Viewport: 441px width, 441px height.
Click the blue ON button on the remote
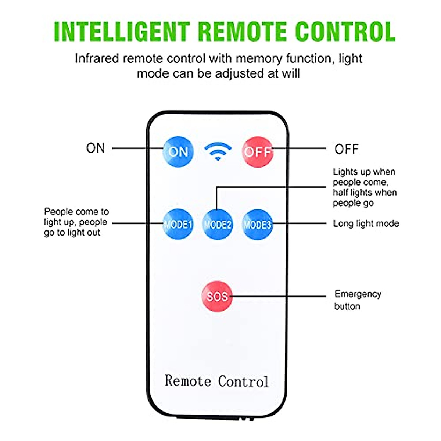(x=178, y=151)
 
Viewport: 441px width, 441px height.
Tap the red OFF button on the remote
(x=258, y=151)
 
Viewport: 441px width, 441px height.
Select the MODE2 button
(x=218, y=224)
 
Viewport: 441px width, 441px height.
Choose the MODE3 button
(x=257, y=224)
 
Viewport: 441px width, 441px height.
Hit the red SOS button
(x=217, y=296)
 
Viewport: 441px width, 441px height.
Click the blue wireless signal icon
(x=218, y=151)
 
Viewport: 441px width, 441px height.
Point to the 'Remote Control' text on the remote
(x=216, y=381)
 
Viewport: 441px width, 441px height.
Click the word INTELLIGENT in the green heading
(x=122, y=32)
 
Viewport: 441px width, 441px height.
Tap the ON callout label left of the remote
(x=96, y=148)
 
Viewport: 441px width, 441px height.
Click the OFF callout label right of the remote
(x=346, y=149)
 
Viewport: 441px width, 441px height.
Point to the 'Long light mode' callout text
(x=366, y=223)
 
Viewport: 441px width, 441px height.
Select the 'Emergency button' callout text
(x=358, y=300)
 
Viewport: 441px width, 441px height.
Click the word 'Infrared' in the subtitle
(x=97, y=59)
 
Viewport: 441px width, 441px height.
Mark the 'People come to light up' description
(x=76, y=222)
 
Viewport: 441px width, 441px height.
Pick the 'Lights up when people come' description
(x=365, y=187)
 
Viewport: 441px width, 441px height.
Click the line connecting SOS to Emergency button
(x=279, y=296)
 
